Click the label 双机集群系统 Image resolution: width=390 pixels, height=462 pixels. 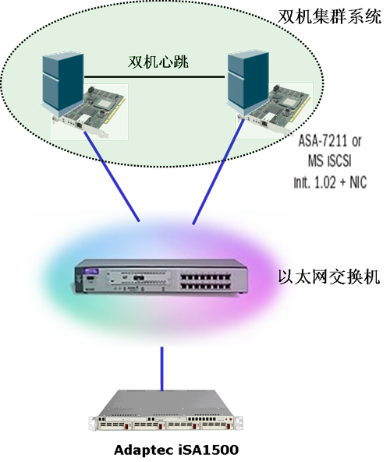coord(329,16)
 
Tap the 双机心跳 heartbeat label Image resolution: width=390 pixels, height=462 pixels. coord(158,62)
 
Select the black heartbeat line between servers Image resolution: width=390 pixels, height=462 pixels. coord(154,77)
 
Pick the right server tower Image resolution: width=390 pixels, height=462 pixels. coord(247,83)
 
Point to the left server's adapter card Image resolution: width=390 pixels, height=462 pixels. coord(88,112)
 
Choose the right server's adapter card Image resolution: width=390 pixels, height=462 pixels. coord(274,110)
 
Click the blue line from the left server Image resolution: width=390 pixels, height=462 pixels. coord(112,176)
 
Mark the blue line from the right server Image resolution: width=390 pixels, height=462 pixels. coord(218,171)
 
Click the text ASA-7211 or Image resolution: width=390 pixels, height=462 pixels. coord(330,141)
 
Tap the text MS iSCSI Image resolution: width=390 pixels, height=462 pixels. coord(329,160)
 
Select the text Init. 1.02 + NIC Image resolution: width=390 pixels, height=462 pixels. coord(330,182)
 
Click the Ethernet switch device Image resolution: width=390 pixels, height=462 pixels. coord(161,277)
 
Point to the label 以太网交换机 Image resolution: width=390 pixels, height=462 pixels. coord(329,277)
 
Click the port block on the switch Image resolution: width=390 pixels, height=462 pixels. coord(206,281)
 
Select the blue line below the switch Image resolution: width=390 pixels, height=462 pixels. coord(161,369)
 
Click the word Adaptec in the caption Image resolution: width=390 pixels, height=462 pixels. coord(144,450)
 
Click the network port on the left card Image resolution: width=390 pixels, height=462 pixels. coord(80,124)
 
